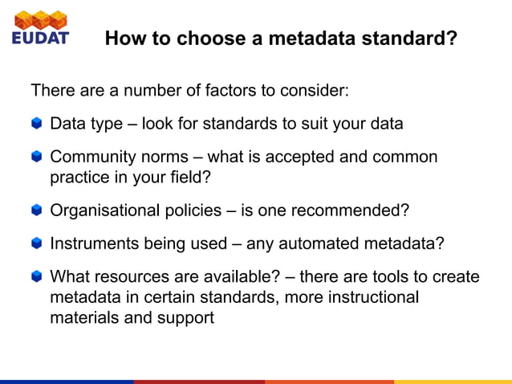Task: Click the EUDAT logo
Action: tap(40, 27)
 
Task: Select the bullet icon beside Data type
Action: tap(37, 125)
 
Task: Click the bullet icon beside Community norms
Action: tap(37, 157)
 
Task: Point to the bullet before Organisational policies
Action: tap(37, 211)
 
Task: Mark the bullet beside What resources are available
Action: tap(37, 277)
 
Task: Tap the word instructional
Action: tap(372, 297)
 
